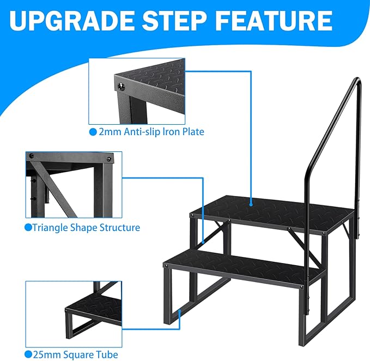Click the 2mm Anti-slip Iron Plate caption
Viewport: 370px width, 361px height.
pyautogui.click(x=151, y=132)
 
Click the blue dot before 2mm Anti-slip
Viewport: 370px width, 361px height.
pyautogui.click(x=92, y=132)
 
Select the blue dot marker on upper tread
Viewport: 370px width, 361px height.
pyautogui.click(x=250, y=206)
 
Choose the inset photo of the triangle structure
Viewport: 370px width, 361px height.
pyautogui.click(x=73, y=184)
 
